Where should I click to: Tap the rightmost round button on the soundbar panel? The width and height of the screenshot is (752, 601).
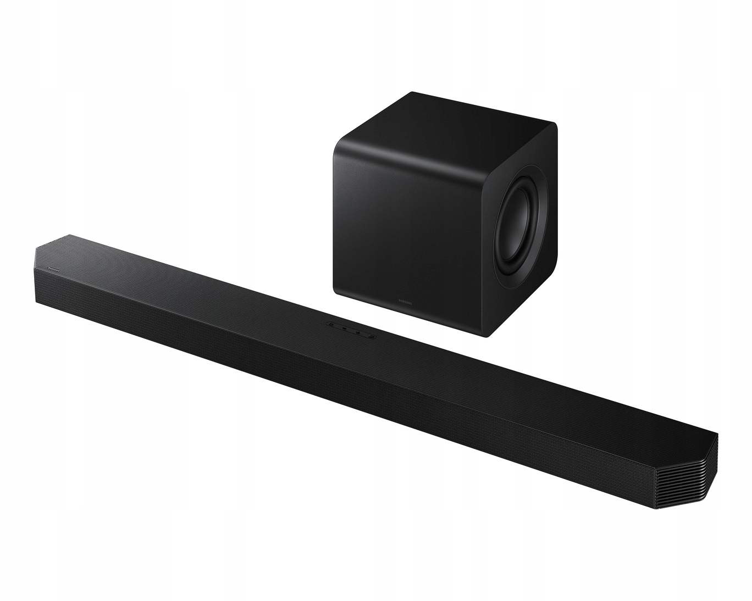[371, 335]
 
